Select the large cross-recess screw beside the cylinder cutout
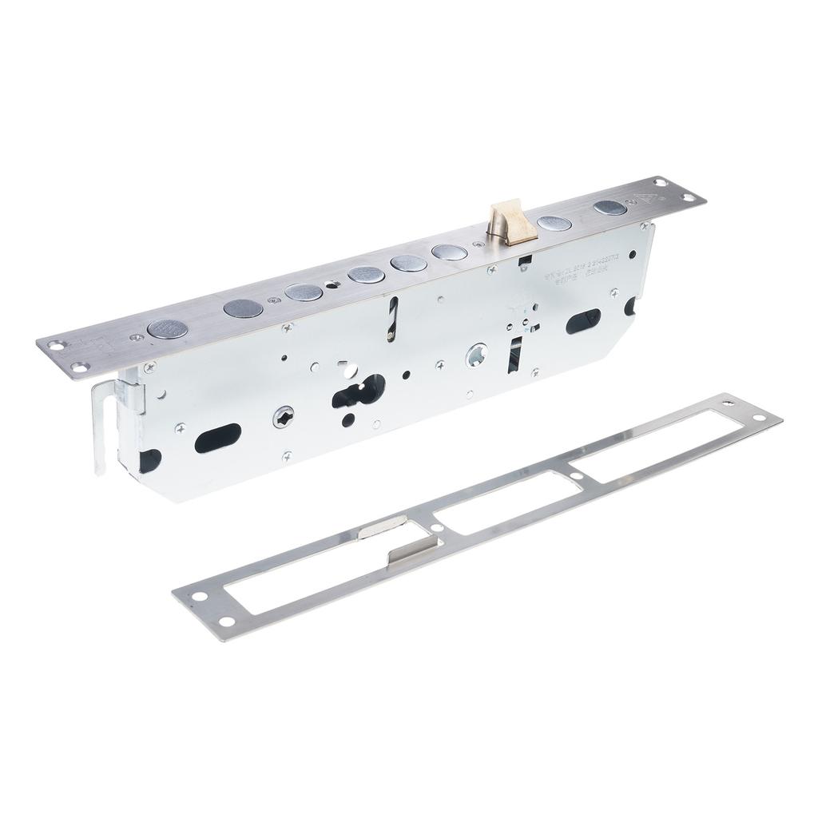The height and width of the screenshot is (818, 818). coord(284,416)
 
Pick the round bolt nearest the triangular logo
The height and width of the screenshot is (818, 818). coord(610,208)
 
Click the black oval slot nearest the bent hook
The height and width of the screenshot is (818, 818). coord(217,439)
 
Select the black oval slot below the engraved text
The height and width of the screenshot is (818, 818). coord(583,321)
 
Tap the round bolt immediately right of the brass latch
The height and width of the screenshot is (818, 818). coord(554,224)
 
